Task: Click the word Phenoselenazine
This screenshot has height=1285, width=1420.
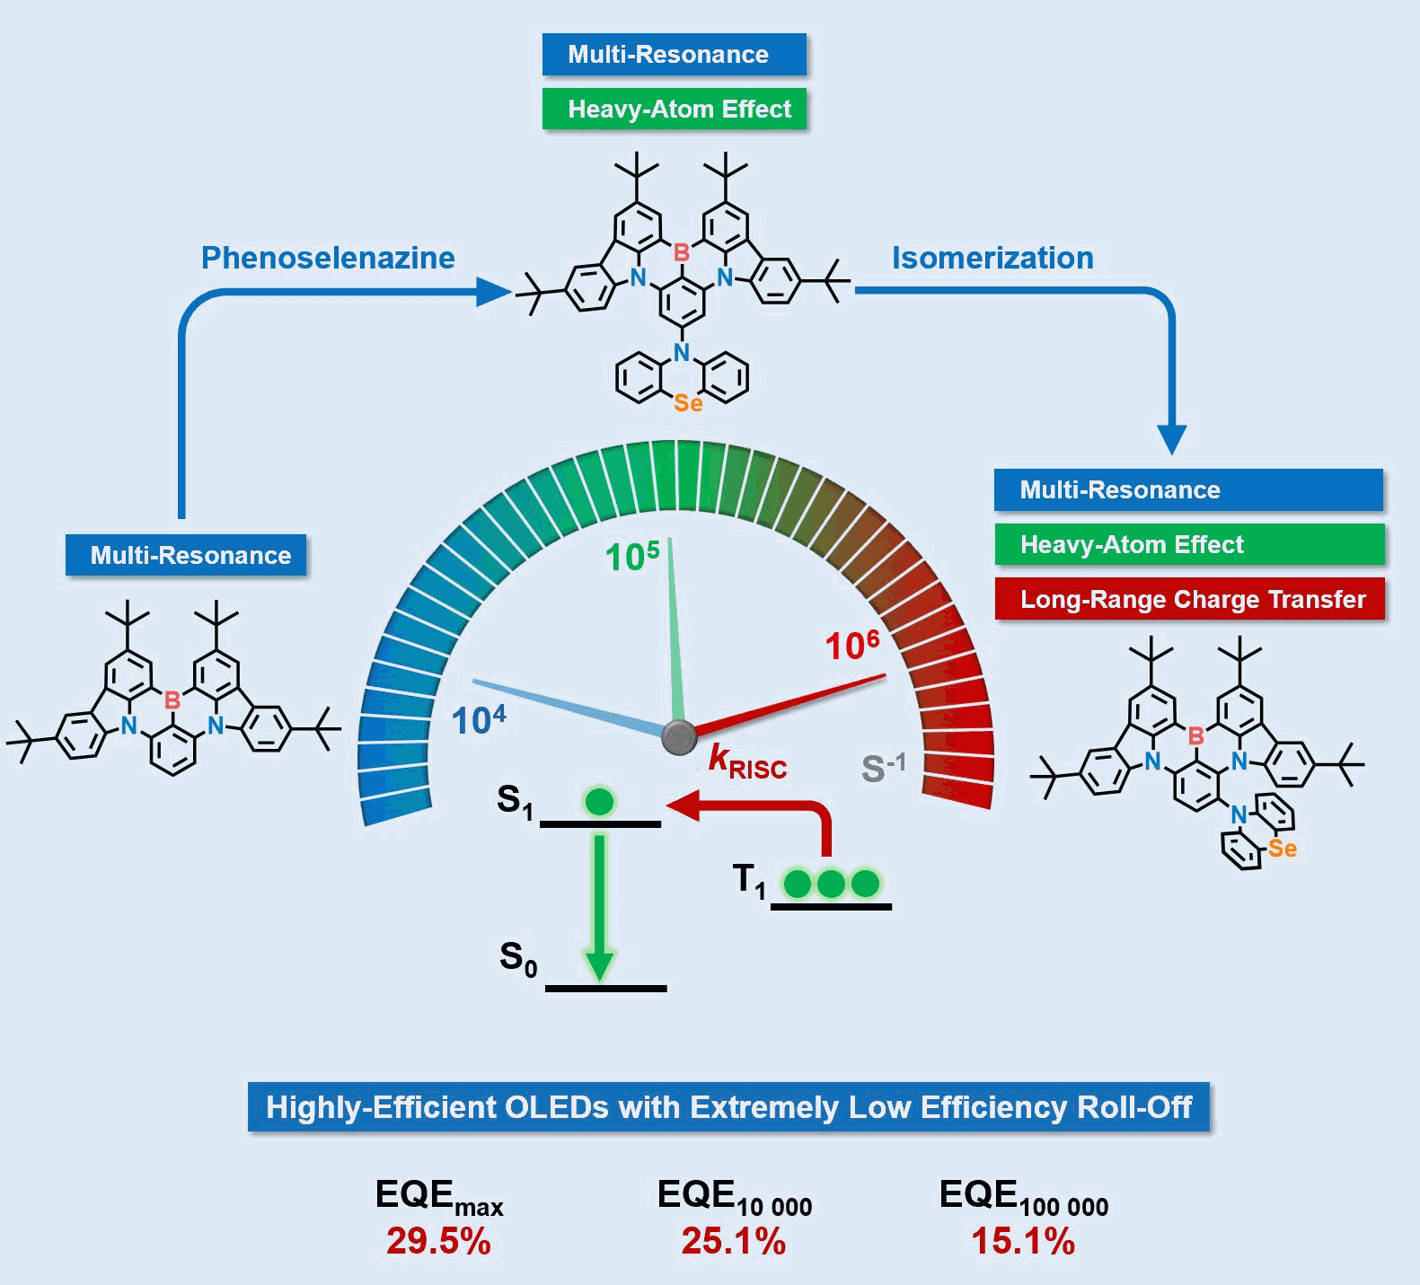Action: [328, 258]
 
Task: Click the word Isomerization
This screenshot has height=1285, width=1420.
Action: [992, 258]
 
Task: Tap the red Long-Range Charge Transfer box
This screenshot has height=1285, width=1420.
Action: [1189, 599]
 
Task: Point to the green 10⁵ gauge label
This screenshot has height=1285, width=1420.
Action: [632, 556]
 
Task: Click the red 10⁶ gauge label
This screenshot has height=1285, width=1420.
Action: [852, 645]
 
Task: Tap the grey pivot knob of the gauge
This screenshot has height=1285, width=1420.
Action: [679, 737]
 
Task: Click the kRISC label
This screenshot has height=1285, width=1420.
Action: [747, 761]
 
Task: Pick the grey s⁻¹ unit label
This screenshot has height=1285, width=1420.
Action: [884, 768]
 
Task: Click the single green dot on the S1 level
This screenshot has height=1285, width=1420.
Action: [599, 801]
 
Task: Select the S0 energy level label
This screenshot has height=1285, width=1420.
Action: [518, 959]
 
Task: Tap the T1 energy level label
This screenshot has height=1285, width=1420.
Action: [749, 880]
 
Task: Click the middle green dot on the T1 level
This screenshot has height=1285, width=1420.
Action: [831, 884]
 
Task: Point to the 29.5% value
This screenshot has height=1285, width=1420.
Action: [438, 1241]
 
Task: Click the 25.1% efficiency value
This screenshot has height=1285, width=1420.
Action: [733, 1241]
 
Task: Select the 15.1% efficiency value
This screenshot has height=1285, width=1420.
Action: [1023, 1241]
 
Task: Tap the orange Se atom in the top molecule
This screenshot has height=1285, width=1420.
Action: [688, 403]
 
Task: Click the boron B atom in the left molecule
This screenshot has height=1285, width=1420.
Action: [172, 700]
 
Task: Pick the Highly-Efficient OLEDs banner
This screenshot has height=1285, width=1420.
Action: [728, 1107]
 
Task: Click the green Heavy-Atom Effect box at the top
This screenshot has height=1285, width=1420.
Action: [675, 109]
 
